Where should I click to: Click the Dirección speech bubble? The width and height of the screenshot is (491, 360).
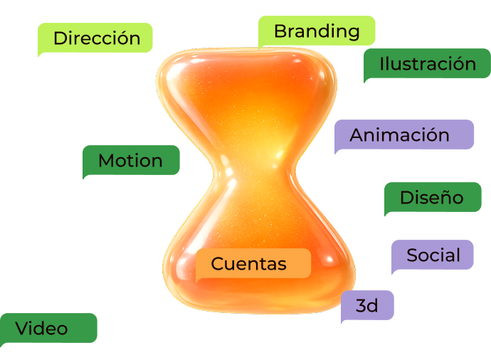pyautogui.click(x=95, y=38)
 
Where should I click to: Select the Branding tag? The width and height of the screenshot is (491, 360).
pyautogui.click(x=317, y=31)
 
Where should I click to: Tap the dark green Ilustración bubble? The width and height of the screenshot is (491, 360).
pyautogui.click(x=427, y=63)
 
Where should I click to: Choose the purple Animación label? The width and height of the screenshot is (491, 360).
pyautogui.click(x=404, y=134)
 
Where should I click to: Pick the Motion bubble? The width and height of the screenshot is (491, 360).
pyautogui.click(x=131, y=160)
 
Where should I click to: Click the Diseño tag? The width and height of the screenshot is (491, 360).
pyautogui.click(x=433, y=197)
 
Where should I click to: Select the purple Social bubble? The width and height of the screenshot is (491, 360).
pyautogui.click(x=433, y=255)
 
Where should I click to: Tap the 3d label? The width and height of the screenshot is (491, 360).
pyautogui.click(x=367, y=305)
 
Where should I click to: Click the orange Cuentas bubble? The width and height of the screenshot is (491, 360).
pyautogui.click(x=253, y=263)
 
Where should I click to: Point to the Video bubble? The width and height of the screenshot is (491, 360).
pyautogui.click(x=48, y=328)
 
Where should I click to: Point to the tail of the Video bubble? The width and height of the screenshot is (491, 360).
pyautogui.click(x=3, y=344)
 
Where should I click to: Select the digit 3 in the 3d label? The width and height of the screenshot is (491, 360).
pyautogui.click(x=361, y=305)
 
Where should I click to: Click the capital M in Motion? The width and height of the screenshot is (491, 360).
pyautogui.click(x=107, y=160)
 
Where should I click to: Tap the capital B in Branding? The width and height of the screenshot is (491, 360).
pyautogui.click(x=280, y=31)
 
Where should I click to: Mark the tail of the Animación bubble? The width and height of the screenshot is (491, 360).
pyautogui.click(x=337, y=151)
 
